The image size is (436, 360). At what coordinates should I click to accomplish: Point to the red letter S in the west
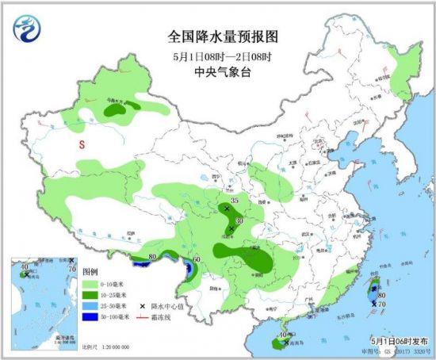point(81,145)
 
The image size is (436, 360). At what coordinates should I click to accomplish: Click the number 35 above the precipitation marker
point(234,200)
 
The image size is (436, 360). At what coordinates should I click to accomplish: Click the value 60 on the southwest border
point(196,259)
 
